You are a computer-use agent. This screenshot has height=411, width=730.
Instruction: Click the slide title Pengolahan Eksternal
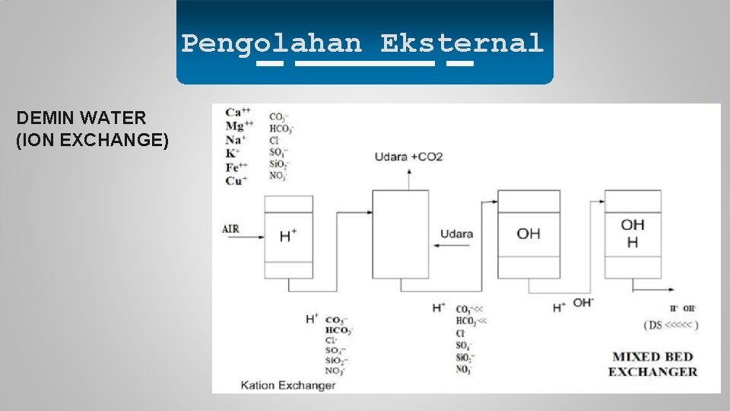(x=363, y=43)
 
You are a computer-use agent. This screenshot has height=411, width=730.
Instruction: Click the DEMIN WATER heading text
(x=81, y=118)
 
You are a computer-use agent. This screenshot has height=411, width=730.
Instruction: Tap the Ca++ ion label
(x=239, y=113)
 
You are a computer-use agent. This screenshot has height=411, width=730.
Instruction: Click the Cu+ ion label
(x=236, y=181)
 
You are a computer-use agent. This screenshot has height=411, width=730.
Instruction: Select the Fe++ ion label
(x=237, y=167)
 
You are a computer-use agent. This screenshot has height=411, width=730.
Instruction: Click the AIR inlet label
(x=230, y=229)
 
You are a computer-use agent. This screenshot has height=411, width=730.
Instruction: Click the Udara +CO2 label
(x=408, y=157)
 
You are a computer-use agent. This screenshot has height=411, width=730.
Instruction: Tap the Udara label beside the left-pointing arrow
(x=456, y=234)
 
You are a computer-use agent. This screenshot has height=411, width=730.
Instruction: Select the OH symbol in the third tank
(x=528, y=234)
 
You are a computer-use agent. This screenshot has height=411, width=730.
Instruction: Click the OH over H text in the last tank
(x=632, y=233)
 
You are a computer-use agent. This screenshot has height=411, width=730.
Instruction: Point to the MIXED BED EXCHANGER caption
(x=652, y=364)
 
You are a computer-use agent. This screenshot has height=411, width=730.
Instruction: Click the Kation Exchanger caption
(x=287, y=385)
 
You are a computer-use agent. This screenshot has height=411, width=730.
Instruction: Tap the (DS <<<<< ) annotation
(x=670, y=325)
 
